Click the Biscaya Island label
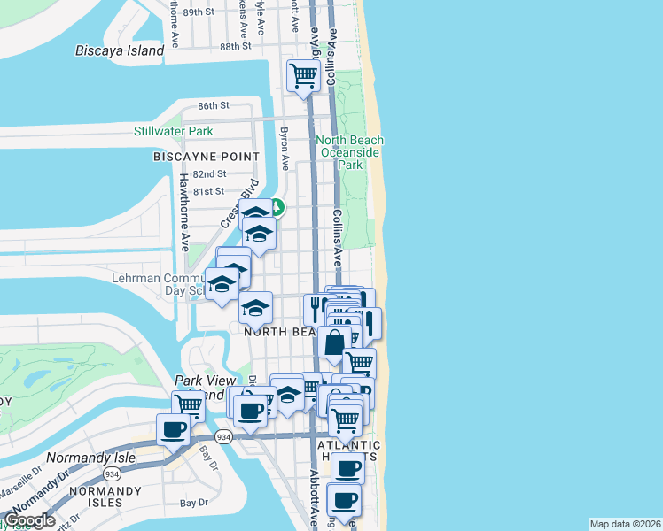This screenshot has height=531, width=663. tap(120, 50)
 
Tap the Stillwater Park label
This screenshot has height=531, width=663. tap(173, 132)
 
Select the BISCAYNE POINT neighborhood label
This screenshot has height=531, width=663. tap(207, 157)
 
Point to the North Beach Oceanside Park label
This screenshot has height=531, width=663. tap(352, 152)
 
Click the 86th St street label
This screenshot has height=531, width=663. tap(214, 105)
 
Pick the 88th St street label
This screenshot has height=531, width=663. tap(236, 46)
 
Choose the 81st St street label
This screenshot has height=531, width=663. tap(208, 191)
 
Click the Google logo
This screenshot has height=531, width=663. tap(28, 520)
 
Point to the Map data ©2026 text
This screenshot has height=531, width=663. tap(624, 524)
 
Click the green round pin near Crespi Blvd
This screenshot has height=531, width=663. tap(277, 208)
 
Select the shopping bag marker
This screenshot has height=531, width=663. tap(333, 342)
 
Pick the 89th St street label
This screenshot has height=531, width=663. tap(199, 12)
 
